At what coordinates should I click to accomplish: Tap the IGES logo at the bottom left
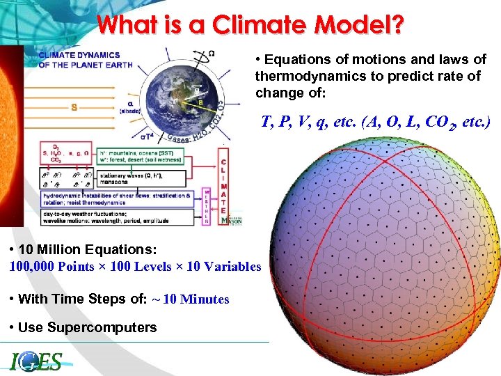tap(37, 361)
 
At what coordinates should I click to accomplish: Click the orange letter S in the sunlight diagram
tap(74, 107)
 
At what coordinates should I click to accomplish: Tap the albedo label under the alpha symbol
tap(131, 111)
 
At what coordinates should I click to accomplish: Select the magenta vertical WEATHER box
tap(207, 206)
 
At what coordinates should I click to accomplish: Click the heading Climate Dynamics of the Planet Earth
tap(79, 60)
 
